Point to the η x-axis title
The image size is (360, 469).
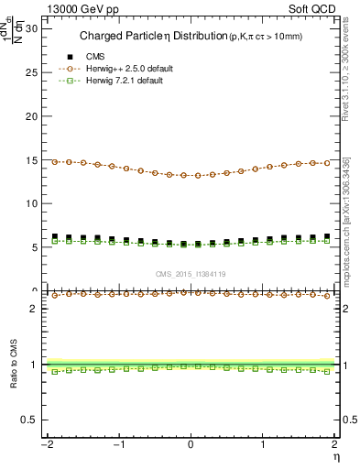tap(335, 456)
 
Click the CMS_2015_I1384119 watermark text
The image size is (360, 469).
tap(191, 274)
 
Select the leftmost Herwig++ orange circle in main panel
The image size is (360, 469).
tap(55, 161)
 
